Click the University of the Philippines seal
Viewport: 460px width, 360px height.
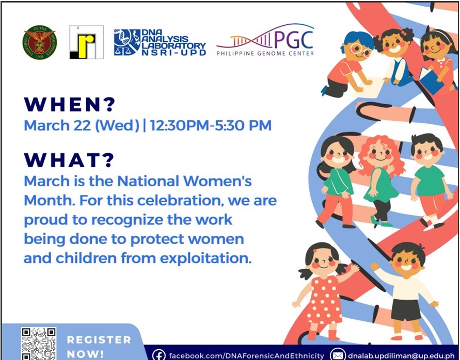(x=40, y=42)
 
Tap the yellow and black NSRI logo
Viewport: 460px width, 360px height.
(x=87, y=42)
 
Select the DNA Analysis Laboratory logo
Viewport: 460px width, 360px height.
(x=160, y=42)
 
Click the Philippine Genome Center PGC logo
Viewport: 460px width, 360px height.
(x=265, y=40)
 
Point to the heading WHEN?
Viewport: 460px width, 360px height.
(x=70, y=104)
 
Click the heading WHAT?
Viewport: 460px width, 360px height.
(x=69, y=160)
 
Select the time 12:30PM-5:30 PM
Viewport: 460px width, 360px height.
(x=211, y=125)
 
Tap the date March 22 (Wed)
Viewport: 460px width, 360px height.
(x=82, y=125)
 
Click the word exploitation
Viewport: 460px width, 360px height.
(x=205, y=258)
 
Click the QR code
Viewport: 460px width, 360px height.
(x=38, y=343)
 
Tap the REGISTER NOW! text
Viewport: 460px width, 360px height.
(x=99, y=347)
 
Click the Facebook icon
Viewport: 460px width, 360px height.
(x=158, y=355)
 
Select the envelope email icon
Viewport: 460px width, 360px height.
(x=337, y=355)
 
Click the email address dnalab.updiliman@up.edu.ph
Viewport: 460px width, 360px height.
(x=401, y=355)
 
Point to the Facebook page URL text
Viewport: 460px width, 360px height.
(x=246, y=356)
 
